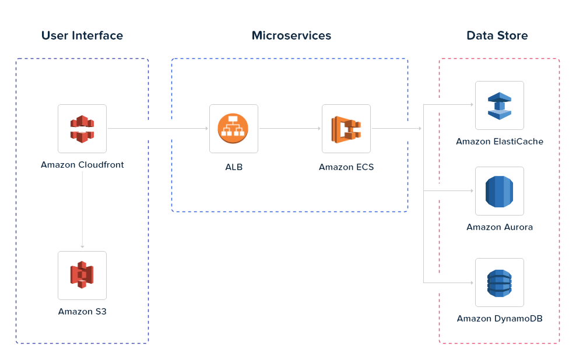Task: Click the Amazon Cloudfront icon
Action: pos(82,129)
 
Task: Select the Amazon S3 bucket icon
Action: pos(82,276)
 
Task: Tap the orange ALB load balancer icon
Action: pos(233,129)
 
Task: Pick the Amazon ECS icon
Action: pos(346,129)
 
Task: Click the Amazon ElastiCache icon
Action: pos(499,105)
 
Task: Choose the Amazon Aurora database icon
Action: pos(499,191)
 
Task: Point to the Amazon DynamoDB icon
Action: pos(499,283)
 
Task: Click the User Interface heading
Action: pos(82,36)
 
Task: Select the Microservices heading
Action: pos(291,36)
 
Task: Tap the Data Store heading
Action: pos(497,36)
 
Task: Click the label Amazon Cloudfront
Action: pos(82,165)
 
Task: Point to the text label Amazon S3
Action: pos(82,312)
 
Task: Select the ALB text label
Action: pos(234,167)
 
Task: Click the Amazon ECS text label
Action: pos(346,167)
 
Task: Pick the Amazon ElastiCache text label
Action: pos(500,142)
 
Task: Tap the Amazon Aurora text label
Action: pos(500,227)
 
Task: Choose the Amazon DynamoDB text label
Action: pos(500,319)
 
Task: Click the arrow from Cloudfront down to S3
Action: pos(82,210)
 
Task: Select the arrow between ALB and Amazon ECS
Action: pos(290,129)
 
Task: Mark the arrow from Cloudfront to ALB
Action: pos(157,129)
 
